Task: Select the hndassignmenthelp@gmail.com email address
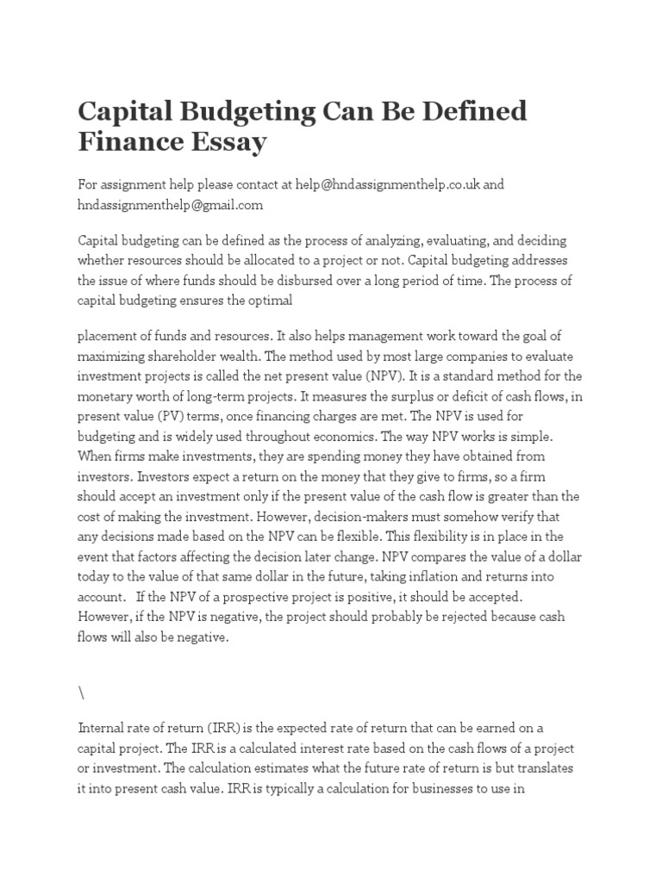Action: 170,205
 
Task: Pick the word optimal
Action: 270,301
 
